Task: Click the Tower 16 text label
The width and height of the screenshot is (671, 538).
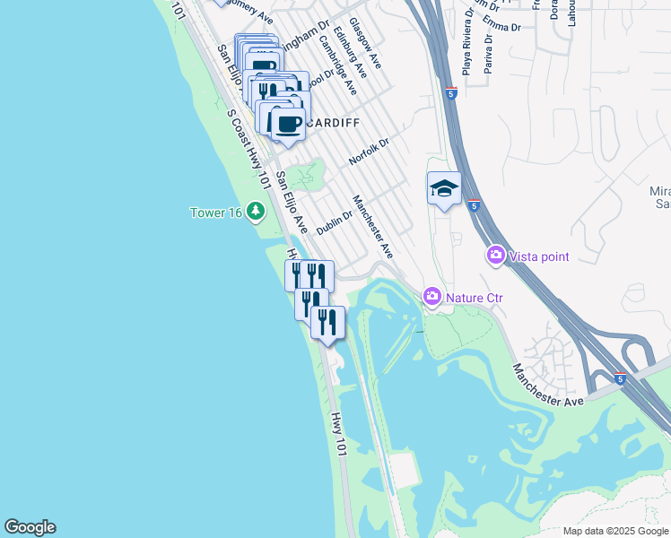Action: click(216, 213)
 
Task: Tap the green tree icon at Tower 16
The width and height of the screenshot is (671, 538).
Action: click(257, 212)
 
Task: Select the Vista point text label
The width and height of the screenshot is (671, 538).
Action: click(539, 256)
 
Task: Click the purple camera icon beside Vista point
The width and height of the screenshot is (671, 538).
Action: click(496, 256)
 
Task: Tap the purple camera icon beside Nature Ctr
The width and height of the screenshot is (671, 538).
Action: click(432, 296)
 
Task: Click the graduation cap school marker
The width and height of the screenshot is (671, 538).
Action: click(444, 188)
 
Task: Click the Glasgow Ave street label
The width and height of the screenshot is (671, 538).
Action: click(365, 43)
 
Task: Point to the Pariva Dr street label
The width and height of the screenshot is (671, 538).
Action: click(489, 53)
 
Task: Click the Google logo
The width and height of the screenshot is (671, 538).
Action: click(30, 527)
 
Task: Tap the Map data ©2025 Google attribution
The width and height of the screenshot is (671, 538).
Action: click(614, 531)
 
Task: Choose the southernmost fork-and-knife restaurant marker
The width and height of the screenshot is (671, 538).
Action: click(327, 321)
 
